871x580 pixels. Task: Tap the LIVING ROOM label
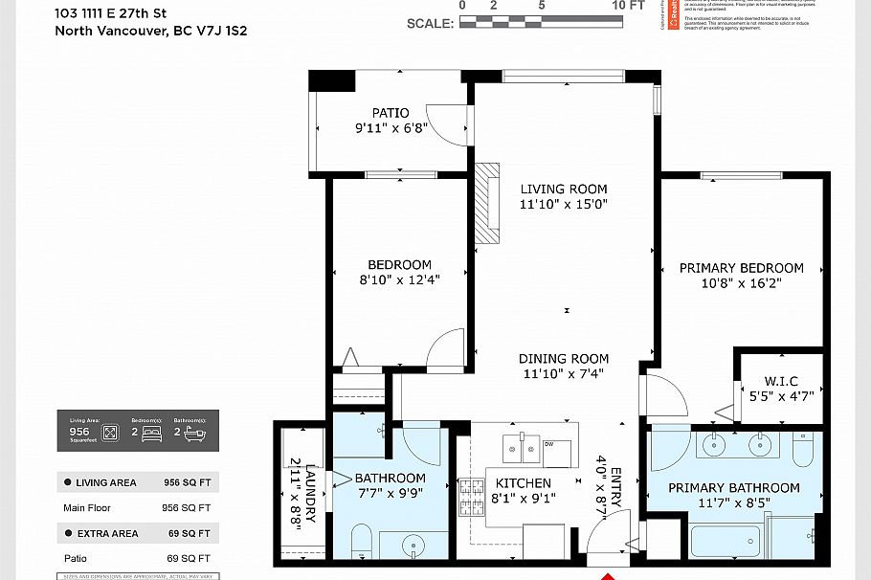click(x=564, y=190)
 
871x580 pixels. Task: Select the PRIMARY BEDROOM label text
click(x=742, y=268)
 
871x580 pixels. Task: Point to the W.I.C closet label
click(x=781, y=381)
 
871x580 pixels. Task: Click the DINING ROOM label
click(x=564, y=359)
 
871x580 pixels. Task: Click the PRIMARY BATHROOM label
click(x=733, y=488)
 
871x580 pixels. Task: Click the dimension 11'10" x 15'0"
click(x=564, y=204)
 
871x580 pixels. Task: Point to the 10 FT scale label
click(x=629, y=5)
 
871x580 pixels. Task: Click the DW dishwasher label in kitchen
click(x=548, y=444)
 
